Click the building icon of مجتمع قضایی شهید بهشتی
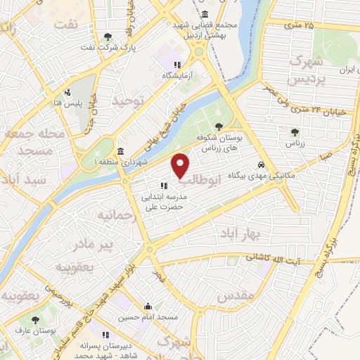[205, 14]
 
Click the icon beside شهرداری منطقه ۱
[122, 152]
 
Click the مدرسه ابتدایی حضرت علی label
[164, 202]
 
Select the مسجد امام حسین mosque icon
[148, 307]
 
